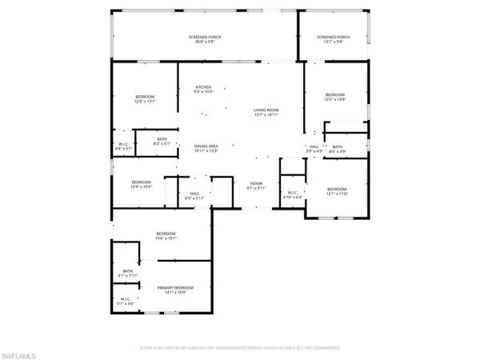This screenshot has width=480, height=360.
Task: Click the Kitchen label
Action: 204,88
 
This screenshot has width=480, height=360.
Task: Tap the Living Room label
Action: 266,112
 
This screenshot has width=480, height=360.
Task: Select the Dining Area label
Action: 206,148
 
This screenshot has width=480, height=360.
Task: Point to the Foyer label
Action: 255,186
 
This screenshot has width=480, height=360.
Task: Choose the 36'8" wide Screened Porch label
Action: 205,39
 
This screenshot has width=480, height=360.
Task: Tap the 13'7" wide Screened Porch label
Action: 333,39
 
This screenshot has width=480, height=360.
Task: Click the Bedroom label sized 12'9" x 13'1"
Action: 145,99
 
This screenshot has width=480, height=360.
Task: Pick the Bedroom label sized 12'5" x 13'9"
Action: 334,97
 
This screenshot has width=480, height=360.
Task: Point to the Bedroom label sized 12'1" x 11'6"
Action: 337,191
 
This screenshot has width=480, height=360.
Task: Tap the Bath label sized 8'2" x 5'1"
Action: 162,142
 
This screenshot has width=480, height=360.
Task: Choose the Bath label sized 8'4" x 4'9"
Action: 338,149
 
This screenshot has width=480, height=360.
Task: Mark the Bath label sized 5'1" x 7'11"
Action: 128,274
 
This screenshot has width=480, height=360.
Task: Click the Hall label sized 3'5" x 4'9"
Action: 314,149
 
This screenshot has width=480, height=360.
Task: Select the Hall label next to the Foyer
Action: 194,195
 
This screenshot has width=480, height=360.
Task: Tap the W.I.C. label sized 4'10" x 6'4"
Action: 292,194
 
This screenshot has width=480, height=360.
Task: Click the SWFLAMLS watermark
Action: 20,349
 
